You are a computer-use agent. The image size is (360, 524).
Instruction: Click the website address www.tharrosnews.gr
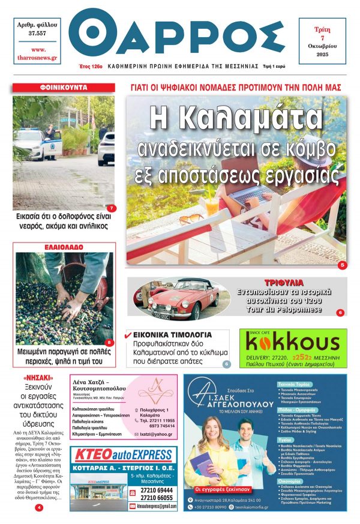point(35,53)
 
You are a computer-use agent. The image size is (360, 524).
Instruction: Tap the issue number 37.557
point(35,34)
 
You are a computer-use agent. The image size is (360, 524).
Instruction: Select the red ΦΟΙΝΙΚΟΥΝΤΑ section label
point(64,88)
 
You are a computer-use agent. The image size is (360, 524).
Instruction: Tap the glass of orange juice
point(212,205)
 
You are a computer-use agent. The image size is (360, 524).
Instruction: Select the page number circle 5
point(342,265)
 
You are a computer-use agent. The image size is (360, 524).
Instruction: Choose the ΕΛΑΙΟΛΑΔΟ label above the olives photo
point(64,247)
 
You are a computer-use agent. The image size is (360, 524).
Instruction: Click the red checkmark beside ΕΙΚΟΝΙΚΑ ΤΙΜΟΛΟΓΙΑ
point(127,334)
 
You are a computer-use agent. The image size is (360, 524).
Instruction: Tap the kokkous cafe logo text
point(293,343)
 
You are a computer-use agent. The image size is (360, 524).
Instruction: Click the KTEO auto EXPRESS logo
point(124,454)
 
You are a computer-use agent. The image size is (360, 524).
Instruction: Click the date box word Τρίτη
point(322,30)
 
